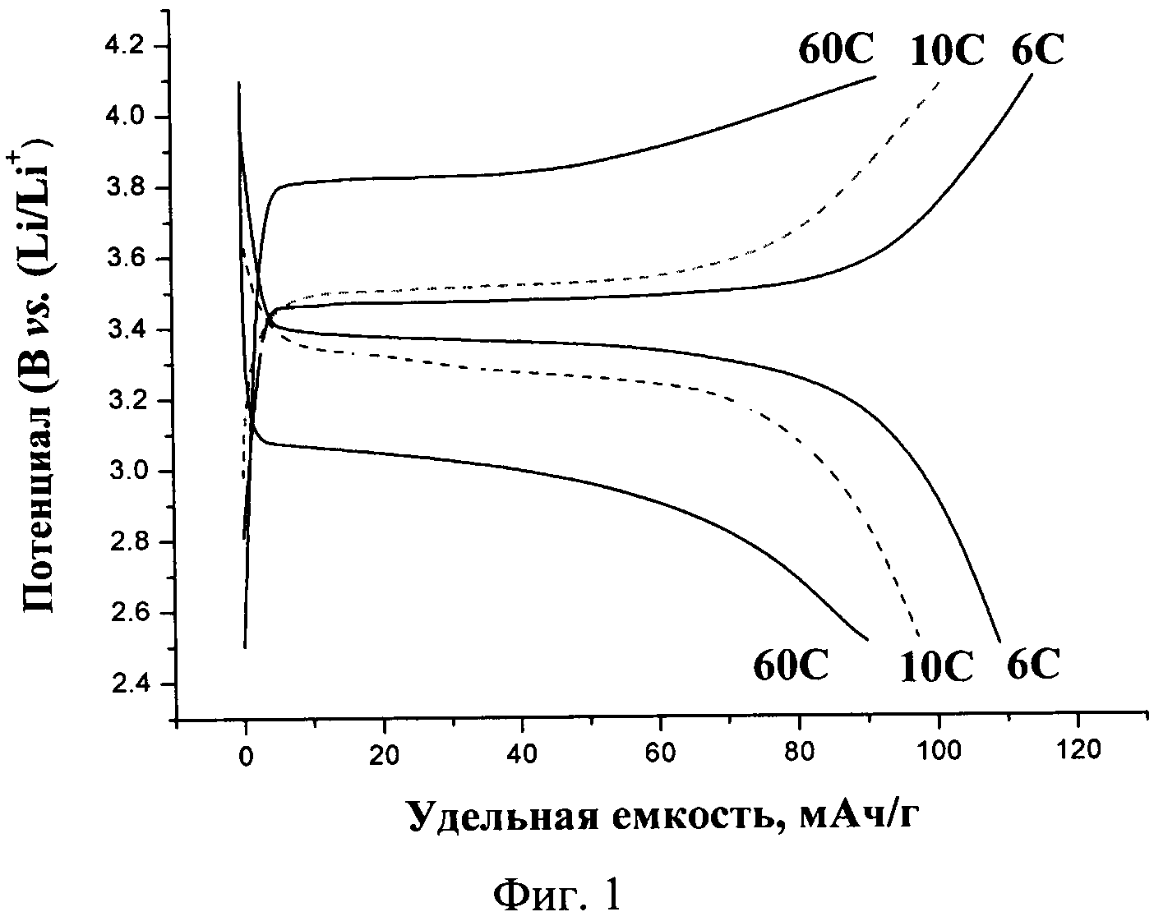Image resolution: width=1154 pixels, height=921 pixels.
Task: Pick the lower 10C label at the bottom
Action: [x=935, y=667]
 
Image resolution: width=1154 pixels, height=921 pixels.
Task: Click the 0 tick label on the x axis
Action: [x=245, y=758]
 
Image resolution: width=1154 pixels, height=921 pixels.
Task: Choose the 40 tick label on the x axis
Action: [x=522, y=758]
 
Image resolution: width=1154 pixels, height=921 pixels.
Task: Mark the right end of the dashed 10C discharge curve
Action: [x=918, y=635]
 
